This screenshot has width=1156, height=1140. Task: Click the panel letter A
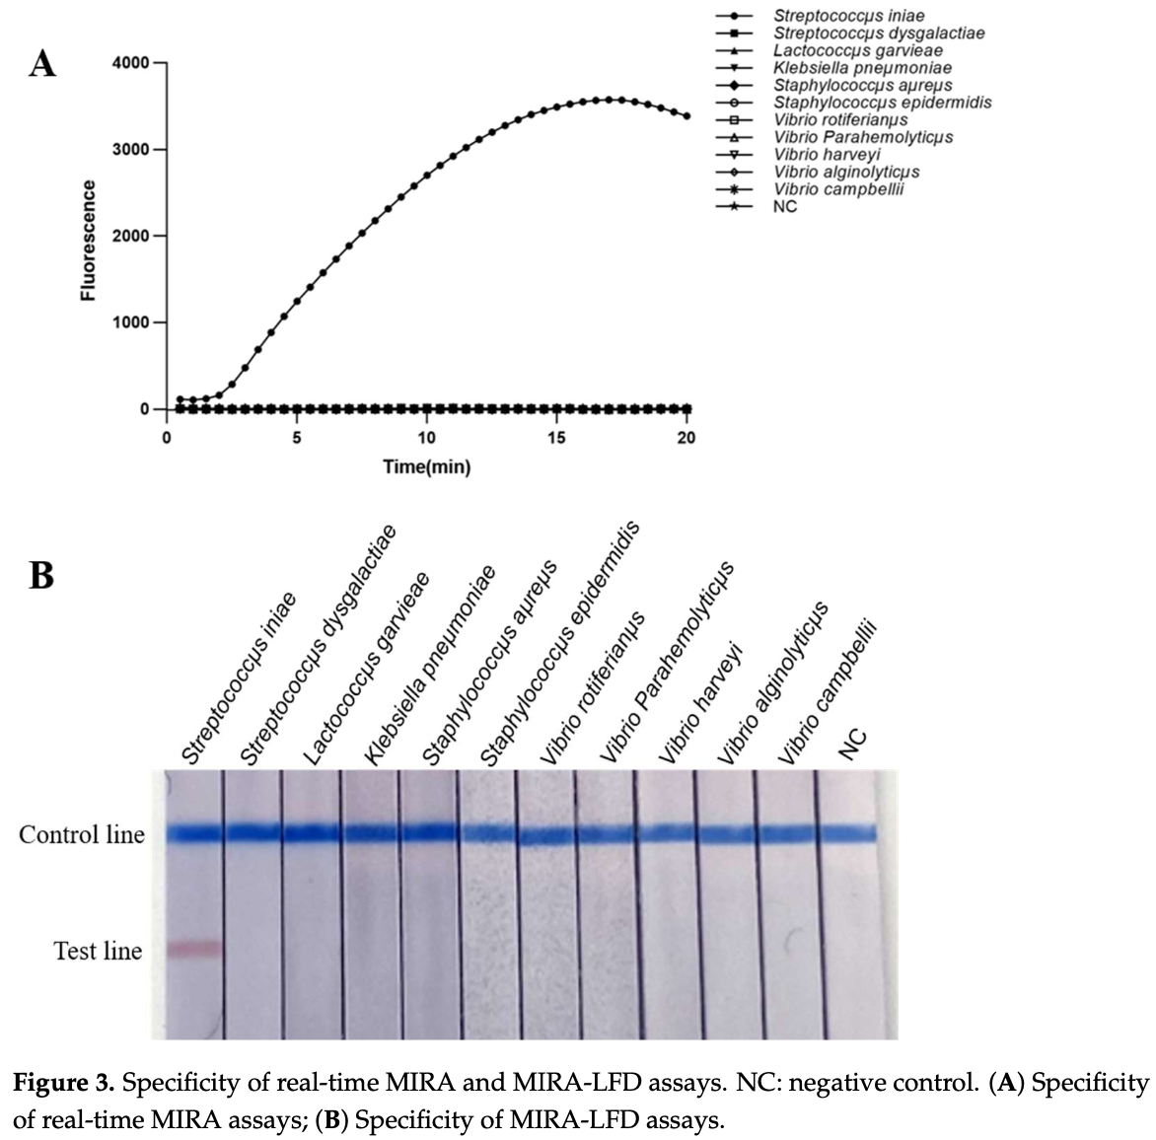click(42, 65)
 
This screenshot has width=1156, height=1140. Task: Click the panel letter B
click(41, 574)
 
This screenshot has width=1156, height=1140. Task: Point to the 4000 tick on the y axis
click(131, 63)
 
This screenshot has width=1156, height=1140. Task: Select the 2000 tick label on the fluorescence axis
click(131, 237)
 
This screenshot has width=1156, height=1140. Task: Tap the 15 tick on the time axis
click(556, 438)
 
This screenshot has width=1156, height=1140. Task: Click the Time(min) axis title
click(426, 467)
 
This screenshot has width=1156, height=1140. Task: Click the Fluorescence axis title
click(89, 241)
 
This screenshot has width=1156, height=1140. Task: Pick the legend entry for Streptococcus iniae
click(848, 16)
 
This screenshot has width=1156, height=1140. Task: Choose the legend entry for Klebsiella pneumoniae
click(862, 68)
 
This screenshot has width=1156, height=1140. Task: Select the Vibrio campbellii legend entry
click(837, 189)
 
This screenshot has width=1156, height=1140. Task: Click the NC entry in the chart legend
click(785, 207)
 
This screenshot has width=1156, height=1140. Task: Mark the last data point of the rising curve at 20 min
click(686, 116)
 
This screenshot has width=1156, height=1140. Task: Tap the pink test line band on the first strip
click(195, 949)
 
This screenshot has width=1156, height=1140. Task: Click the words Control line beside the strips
click(82, 835)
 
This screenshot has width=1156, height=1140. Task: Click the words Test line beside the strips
click(98, 951)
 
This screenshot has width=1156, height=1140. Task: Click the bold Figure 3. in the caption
click(64, 1084)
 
